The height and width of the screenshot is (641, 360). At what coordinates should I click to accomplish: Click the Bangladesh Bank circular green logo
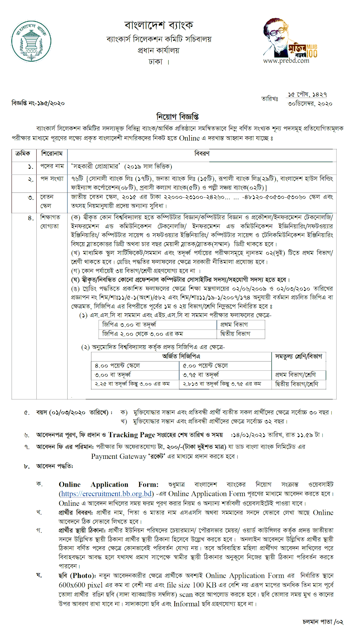31,41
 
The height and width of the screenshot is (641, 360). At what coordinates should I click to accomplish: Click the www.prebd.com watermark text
286,61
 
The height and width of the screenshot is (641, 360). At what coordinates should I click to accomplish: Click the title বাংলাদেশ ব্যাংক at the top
159,25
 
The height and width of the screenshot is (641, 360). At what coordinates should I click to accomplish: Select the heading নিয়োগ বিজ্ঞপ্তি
177,117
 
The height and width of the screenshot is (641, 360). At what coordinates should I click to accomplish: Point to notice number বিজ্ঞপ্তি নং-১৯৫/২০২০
38,103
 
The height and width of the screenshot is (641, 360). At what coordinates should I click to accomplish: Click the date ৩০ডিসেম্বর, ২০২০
310,104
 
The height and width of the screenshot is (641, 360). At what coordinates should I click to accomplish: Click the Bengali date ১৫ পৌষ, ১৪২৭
307,95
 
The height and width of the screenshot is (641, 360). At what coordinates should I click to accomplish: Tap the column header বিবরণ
202,154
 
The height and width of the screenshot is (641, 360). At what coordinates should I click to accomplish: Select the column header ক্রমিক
23,154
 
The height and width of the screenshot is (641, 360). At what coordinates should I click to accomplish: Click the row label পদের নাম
52,166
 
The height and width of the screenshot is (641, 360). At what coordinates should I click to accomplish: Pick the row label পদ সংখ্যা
52,179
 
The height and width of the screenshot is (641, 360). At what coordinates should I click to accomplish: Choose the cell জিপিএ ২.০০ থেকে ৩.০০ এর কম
142,334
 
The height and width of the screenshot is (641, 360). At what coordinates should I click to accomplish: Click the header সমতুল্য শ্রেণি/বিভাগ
298,356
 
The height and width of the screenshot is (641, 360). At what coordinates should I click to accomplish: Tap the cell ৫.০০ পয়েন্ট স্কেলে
205,366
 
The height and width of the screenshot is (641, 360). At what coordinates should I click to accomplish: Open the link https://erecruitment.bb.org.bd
106,494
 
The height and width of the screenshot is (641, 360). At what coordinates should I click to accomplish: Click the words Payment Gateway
119,457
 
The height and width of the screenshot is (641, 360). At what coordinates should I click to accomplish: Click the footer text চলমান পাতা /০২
323,622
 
